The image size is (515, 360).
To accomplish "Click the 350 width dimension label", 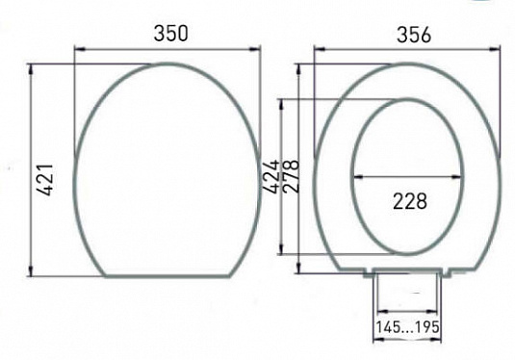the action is coord(170,33).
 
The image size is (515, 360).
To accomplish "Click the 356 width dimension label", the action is coord(414,35).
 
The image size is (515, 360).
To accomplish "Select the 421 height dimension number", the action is coord(44,180).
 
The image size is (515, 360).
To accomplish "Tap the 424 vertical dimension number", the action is coord(271,176).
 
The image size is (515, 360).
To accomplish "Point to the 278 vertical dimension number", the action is coord(291,176).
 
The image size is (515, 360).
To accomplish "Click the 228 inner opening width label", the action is coord(410,201).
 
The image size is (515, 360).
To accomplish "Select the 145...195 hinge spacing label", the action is coord(407,327).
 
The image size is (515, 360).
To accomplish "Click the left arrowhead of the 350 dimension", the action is coord(80,50).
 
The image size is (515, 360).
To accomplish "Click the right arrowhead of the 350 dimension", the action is coord(255,50).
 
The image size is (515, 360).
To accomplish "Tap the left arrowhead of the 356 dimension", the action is coord(320,49).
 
